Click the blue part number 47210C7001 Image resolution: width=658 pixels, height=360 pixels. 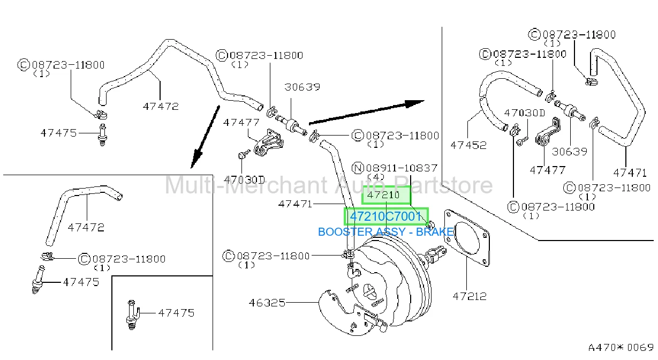coord(385,216)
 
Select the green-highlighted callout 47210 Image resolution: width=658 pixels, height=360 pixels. coord(383,195)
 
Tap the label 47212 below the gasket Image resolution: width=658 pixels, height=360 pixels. coord(470,296)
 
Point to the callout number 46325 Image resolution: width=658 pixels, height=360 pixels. coord(267,303)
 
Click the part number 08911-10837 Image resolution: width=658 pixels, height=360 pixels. coord(402,168)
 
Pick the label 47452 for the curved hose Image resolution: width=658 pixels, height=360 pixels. coord(468,145)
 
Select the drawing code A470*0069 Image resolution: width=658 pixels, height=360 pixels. coord(621,348)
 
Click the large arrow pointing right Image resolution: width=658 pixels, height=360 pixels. coord(367,112)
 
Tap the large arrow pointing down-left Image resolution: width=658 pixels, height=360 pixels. coord(205,137)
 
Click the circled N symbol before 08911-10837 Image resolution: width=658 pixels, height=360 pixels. coord(358,168)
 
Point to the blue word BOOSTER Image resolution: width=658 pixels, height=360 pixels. coord(345,232)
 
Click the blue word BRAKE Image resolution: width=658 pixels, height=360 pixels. coord(435,232)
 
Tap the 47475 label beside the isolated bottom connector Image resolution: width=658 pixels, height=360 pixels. coord(176,313)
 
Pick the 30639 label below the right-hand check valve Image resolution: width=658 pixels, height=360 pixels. coord(570,152)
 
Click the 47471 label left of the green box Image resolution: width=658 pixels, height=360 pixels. coord(295,204)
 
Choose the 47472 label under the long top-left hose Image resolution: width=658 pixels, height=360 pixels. coord(161,107)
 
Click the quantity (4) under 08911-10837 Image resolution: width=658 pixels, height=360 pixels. coord(376,177)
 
